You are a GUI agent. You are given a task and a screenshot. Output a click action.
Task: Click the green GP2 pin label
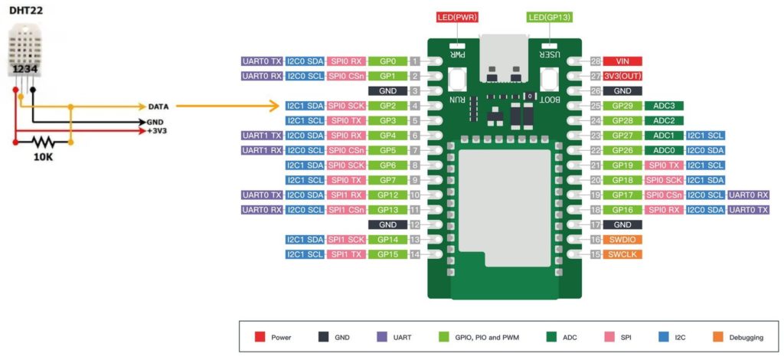click(x=387, y=106)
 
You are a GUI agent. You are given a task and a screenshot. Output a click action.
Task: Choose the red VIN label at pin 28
click(x=622, y=61)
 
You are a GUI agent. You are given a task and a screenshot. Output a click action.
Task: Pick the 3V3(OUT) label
click(x=622, y=76)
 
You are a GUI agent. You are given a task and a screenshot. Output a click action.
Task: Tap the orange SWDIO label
click(x=622, y=240)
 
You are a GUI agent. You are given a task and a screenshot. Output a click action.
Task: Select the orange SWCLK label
click(x=622, y=254)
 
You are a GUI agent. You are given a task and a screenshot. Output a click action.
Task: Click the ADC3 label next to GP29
click(x=664, y=106)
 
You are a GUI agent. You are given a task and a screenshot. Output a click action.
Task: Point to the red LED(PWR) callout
click(x=458, y=17)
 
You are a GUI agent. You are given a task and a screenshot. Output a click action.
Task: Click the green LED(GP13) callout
click(x=549, y=17)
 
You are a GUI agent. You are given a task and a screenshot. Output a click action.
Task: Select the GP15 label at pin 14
click(x=387, y=254)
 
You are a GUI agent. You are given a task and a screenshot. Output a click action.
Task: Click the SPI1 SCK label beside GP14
click(x=346, y=240)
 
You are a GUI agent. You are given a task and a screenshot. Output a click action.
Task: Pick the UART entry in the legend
click(x=401, y=337)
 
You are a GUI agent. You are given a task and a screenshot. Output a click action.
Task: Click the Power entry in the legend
click(x=280, y=337)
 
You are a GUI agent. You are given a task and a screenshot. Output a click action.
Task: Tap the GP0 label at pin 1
click(x=387, y=61)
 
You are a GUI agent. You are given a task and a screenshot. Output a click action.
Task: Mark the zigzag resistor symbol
click(x=44, y=142)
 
